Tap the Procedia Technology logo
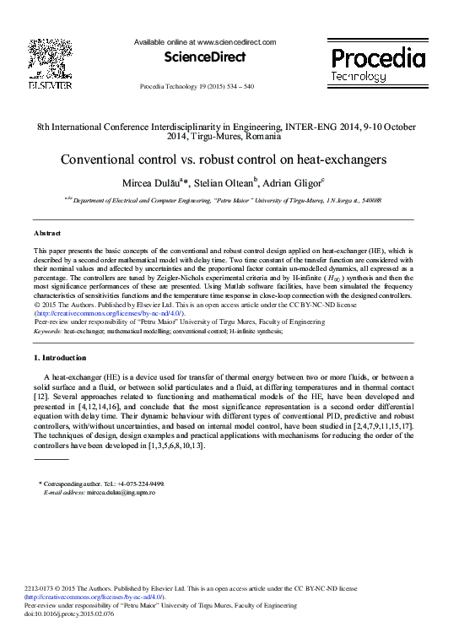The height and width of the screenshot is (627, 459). [x=376, y=64]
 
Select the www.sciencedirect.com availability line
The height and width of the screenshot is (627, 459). [x=205, y=41]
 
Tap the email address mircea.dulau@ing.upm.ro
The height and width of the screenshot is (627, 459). [x=117, y=492]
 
